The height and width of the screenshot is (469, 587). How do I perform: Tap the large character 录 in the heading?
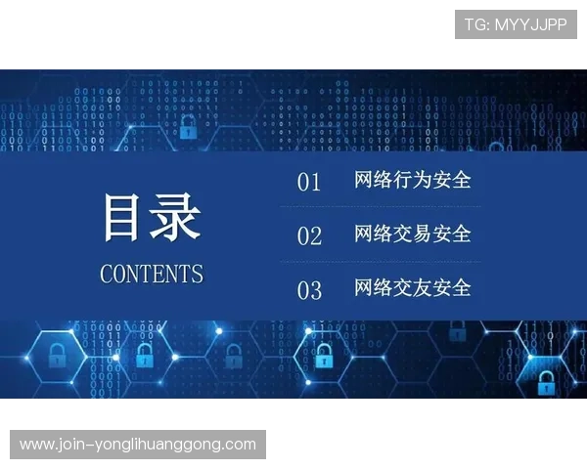pos(176,217)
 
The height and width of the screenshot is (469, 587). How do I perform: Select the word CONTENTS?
pos(152,274)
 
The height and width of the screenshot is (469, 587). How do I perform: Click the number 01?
pos(309,182)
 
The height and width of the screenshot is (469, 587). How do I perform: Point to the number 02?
pos(309,235)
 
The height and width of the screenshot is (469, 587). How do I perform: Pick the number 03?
pos(309,290)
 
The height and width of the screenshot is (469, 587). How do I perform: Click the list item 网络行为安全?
pos(412,180)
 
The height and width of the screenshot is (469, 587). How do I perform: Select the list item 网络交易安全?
pos(412,234)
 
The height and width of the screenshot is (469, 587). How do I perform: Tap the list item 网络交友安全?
pos(412,287)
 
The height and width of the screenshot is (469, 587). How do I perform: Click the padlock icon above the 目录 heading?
pos(187,127)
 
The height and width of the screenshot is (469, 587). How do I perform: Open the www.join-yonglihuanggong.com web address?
pos(137,445)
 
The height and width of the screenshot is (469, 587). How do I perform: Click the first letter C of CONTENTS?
pos(107,274)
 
